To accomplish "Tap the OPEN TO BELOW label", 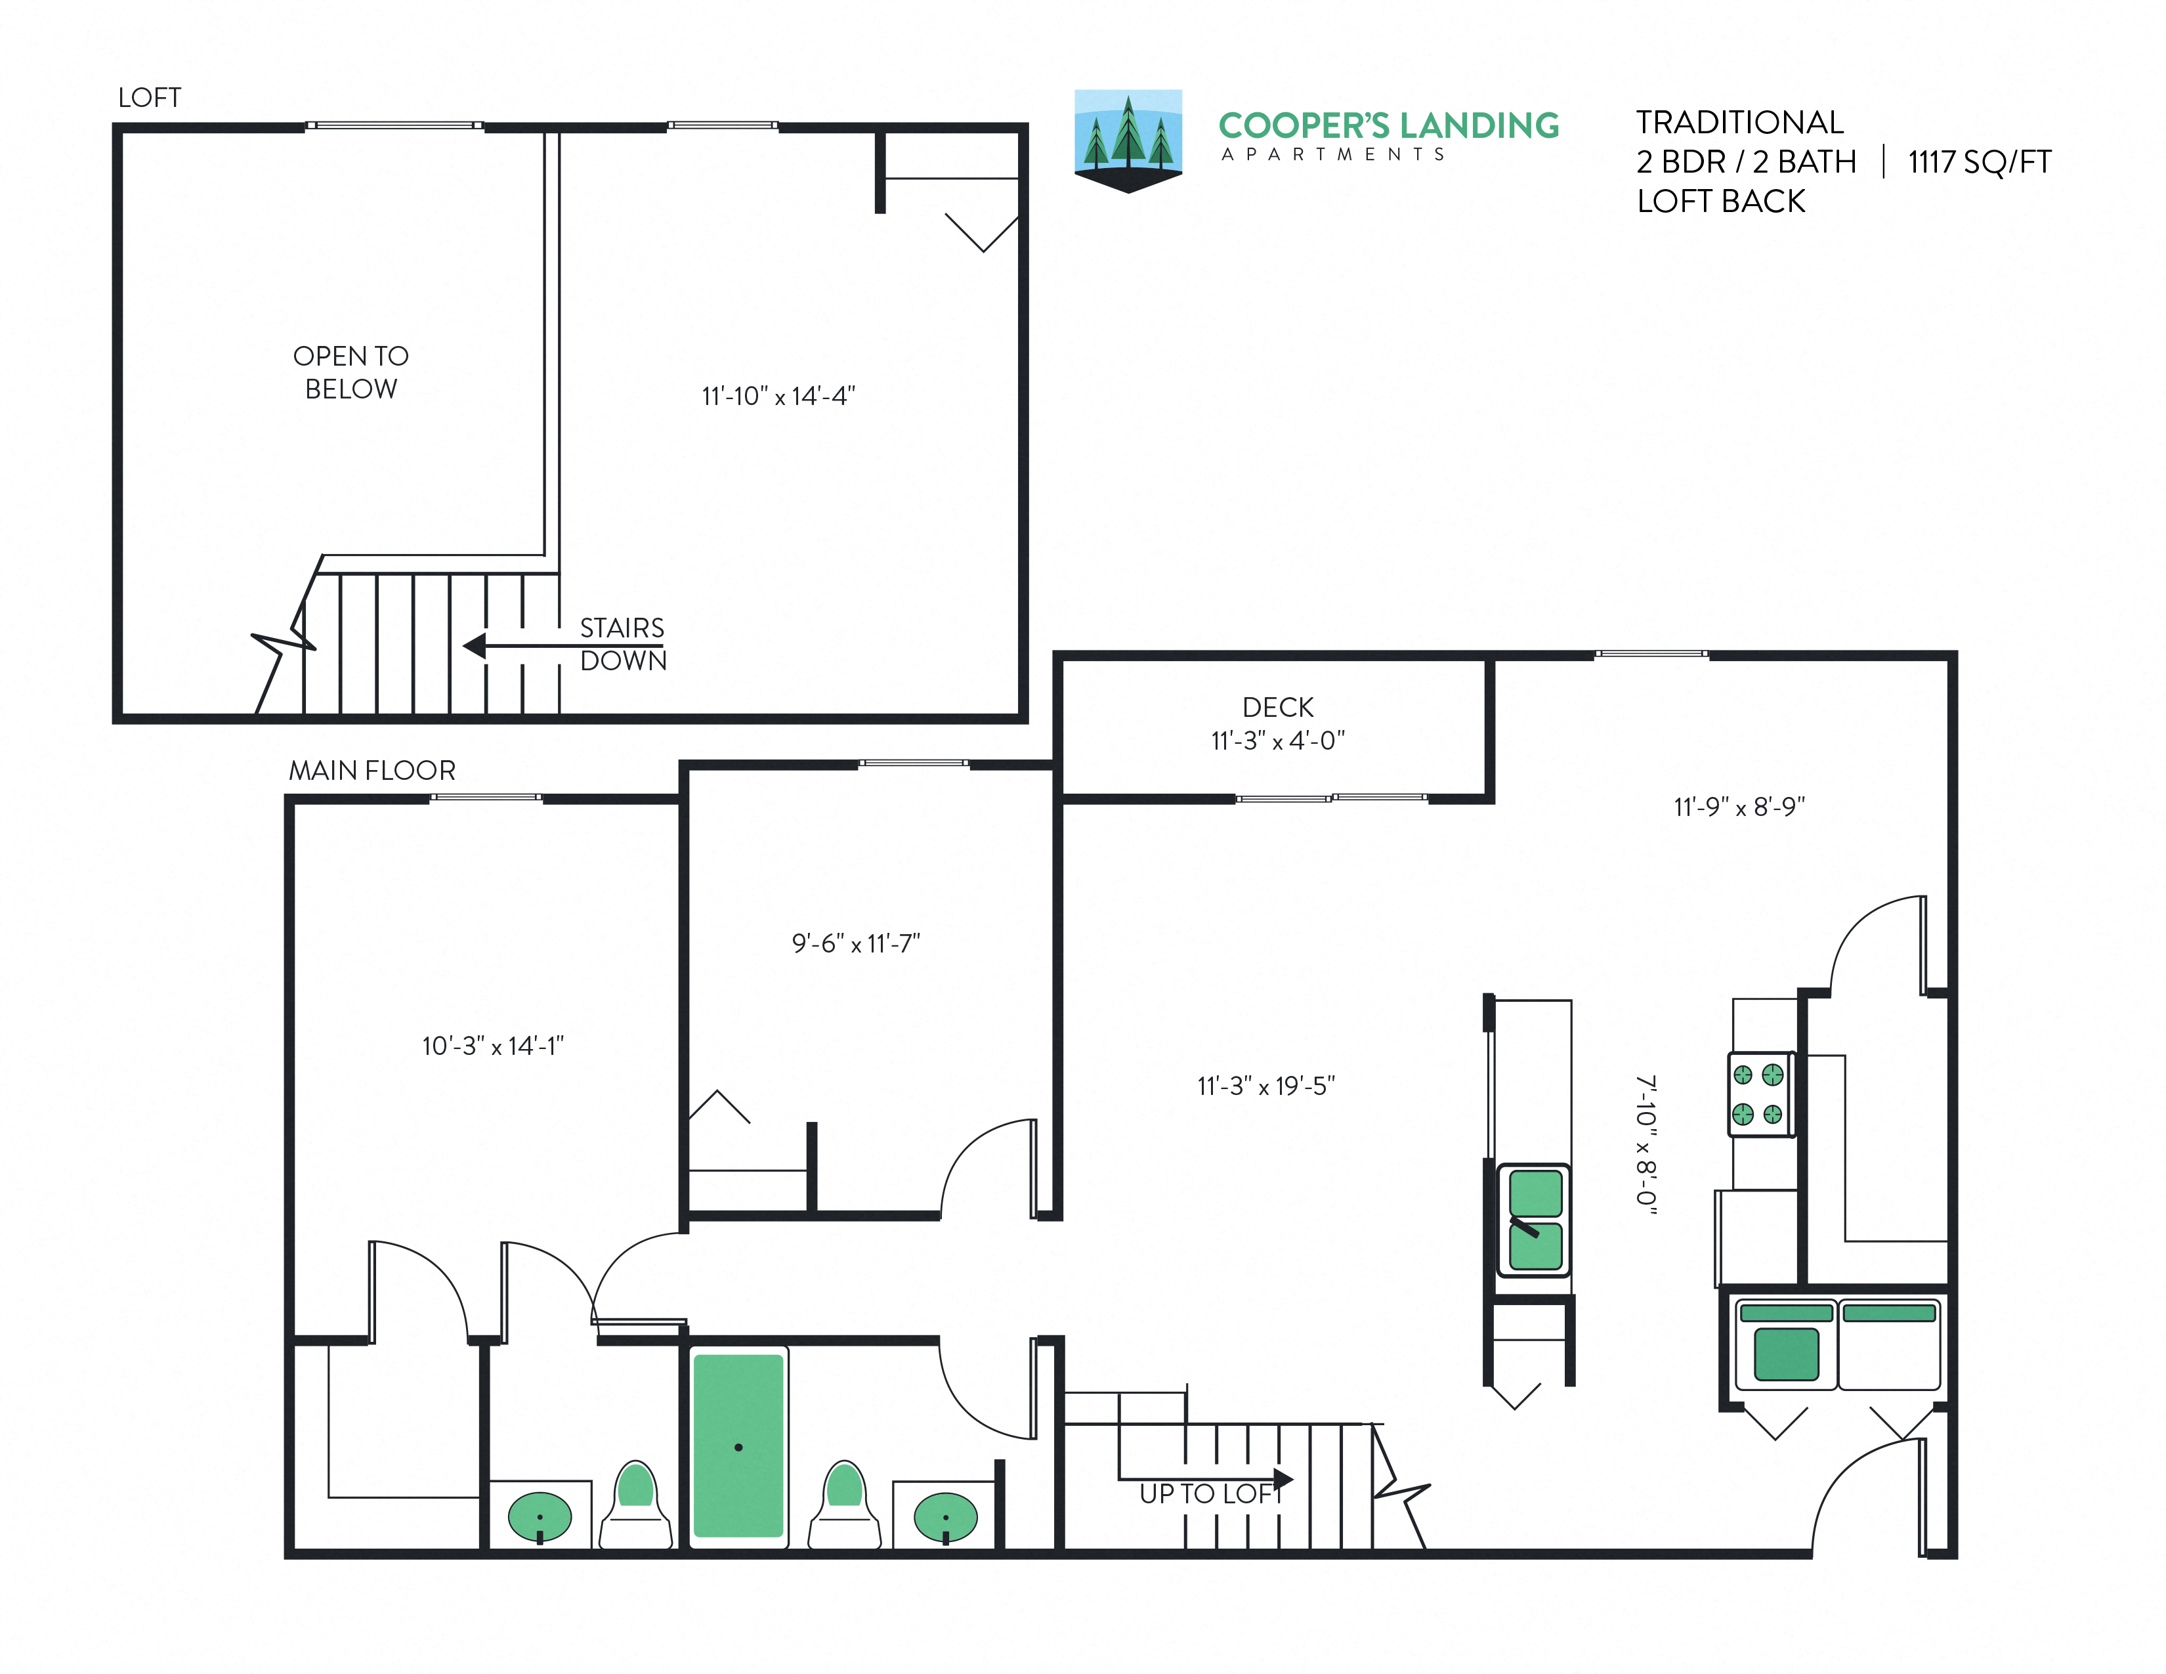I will pyautogui.click(x=351, y=372).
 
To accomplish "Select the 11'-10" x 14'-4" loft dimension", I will pyautogui.click(x=778, y=397).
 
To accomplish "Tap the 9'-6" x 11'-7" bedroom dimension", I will pyautogui.click(x=856, y=944).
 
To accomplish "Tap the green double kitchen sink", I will pyautogui.click(x=1535, y=1220).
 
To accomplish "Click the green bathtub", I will pyautogui.click(x=738, y=1446).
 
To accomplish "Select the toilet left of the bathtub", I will pyautogui.click(x=636, y=1505).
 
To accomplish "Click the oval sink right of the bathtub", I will pyautogui.click(x=945, y=1517).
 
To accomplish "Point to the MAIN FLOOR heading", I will pyautogui.click(x=372, y=771).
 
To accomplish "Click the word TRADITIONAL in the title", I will pyautogui.click(x=1739, y=123).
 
